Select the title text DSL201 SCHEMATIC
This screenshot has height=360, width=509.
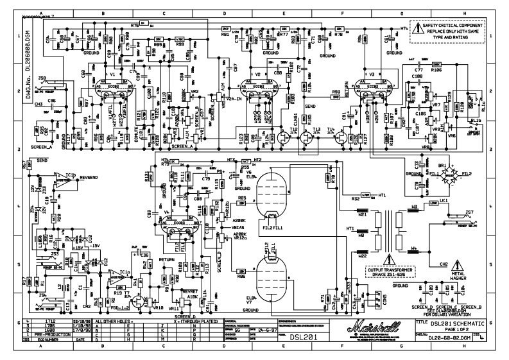462,324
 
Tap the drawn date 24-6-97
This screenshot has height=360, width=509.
267,329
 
